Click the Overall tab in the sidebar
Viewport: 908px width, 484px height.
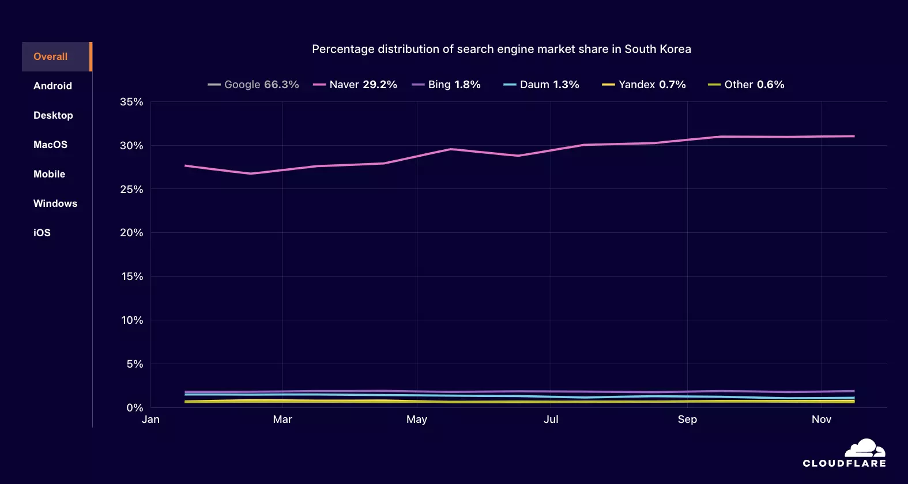(51, 56)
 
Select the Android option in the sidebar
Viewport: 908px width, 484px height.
(52, 86)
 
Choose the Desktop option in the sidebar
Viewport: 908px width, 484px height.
(53, 115)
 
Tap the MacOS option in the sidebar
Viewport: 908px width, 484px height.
(50, 145)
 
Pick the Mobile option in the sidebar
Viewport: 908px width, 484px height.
(49, 174)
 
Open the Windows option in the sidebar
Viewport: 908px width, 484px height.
(55, 203)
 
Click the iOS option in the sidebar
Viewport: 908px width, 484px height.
(42, 233)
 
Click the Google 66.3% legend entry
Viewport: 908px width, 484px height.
(254, 85)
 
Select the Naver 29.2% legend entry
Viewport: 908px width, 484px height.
(355, 85)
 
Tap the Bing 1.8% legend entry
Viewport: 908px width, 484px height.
(446, 85)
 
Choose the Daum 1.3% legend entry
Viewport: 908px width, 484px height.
(541, 85)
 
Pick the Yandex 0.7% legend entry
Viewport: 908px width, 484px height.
(644, 85)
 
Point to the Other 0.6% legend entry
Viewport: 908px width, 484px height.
(746, 85)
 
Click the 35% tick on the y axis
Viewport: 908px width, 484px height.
(131, 102)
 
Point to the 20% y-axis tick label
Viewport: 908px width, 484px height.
(131, 233)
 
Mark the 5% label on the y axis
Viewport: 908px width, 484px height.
(135, 364)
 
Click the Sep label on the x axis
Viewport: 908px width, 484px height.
(687, 419)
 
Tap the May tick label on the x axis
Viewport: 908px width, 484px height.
(417, 419)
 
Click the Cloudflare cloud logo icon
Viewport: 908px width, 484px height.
(865, 448)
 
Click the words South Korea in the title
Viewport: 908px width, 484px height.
(658, 49)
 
